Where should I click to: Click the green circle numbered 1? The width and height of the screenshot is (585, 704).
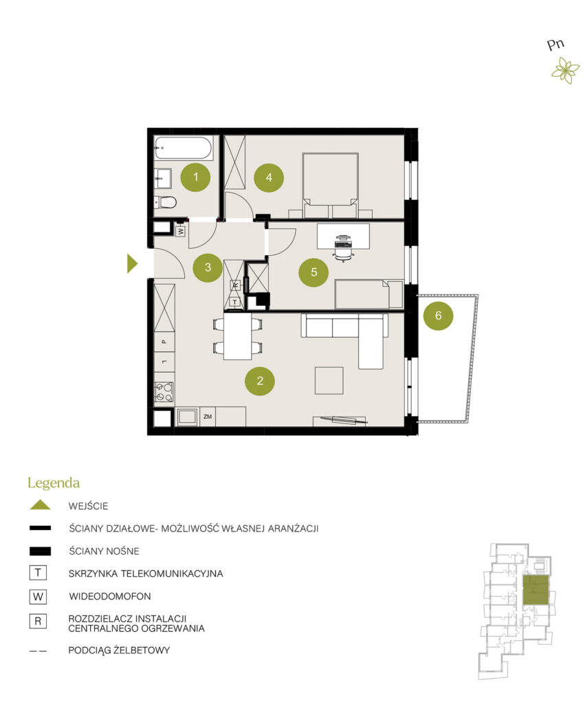(195, 177)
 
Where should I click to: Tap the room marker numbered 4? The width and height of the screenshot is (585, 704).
(269, 177)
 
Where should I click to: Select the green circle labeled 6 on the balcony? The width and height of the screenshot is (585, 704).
(438, 316)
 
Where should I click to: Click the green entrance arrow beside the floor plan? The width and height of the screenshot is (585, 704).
(132, 263)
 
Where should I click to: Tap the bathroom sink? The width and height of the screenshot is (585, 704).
(162, 178)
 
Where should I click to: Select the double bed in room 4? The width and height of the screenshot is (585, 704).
(331, 185)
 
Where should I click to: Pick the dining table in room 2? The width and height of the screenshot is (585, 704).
(237, 335)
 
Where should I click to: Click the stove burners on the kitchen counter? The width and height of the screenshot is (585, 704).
(164, 392)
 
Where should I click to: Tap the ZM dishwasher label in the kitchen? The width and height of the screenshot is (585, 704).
(208, 417)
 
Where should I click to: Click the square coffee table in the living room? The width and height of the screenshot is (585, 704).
(329, 381)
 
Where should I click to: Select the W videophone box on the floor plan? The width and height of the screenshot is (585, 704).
(181, 231)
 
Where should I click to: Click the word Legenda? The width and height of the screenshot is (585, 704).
(54, 483)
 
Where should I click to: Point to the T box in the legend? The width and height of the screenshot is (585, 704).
(38, 573)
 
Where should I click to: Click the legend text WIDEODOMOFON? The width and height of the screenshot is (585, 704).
(110, 596)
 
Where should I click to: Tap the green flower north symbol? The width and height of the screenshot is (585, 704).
(566, 71)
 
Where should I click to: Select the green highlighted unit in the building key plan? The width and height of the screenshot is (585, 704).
(536, 591)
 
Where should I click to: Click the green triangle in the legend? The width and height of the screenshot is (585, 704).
(40, 505)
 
